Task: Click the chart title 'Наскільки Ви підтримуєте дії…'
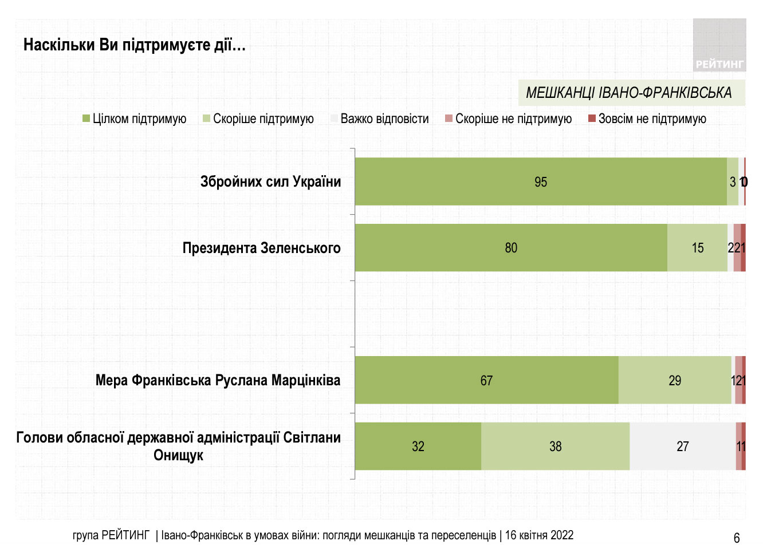pos(135,45)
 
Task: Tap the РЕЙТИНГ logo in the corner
pos(719,45)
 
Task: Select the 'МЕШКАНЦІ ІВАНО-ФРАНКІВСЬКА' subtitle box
pos(631,93)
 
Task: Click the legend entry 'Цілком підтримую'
pos(135,119)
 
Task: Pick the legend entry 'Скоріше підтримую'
pos(258,119)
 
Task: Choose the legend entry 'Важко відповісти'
pos(380,119)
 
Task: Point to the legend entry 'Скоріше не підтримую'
pos(509,119)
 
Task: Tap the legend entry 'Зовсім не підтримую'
pos(647,119)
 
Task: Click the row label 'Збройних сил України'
pos(270,182)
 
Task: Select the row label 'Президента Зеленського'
pos(261,248)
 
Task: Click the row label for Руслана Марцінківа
pos(218,381)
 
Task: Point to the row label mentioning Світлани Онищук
pos(178,447)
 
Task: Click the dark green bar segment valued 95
pos(541,182)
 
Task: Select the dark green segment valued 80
pos(511,248)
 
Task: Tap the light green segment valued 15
pos(697,248)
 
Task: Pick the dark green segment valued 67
pos(486,381)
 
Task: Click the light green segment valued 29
pos(675,381)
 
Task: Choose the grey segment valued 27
pos(682,447)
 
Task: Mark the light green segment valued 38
pos(555,447)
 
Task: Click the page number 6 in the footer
pos(737,537)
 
